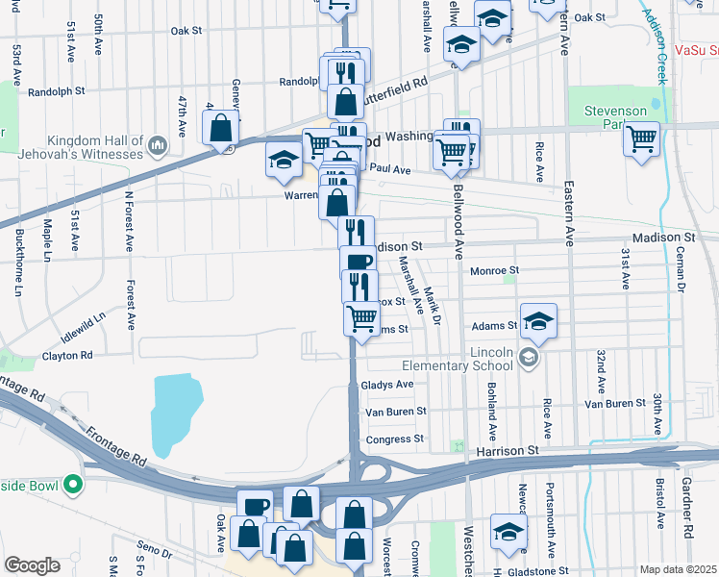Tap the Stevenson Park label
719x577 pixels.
click(615, 117)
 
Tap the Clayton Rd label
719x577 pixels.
click(67, 355)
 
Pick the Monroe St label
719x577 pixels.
click(494, 271)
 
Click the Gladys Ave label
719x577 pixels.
click(386, 384)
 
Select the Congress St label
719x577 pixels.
click(394, 439)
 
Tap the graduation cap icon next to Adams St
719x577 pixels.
click(539, 322)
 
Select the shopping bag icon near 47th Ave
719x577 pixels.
click(220, 127)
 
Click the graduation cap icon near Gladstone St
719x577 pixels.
click(508, 531)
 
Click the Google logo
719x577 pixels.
click(32, 565)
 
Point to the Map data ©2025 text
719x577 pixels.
click(678, 569)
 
